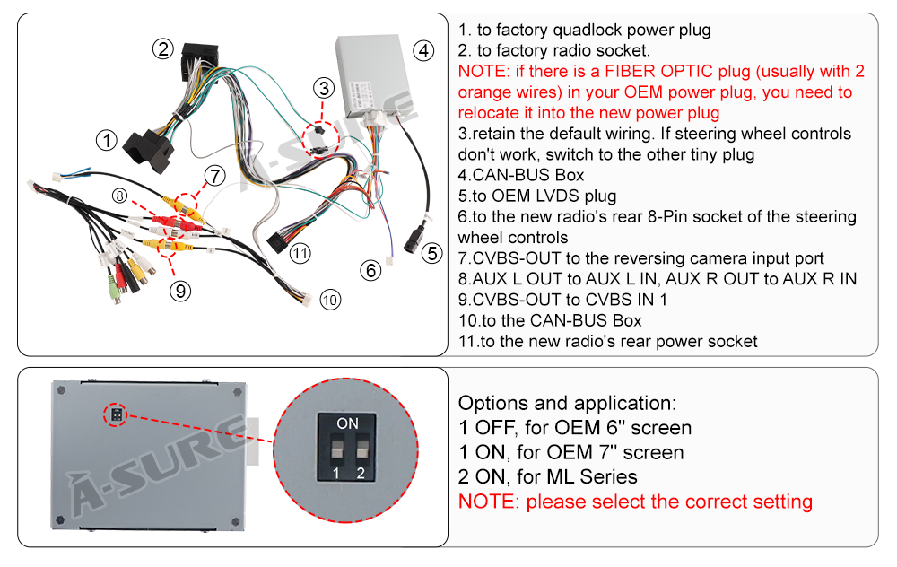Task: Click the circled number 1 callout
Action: click(x=107, y=141)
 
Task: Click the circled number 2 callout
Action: click(x=161, y=49)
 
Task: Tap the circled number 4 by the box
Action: click(x=423, y=51)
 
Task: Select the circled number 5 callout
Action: click(x=432, y=254)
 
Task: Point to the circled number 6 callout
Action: click(x=370, y=269)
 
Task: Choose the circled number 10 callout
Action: click(x=330, y=301)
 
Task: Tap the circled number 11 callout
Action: click(x=300, y=254)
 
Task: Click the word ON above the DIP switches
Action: click(x=347, y=423)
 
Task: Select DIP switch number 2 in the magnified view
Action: click(x=361, y=448)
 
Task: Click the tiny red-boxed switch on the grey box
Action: click(x=115, y=414)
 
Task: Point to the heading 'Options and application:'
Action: click(x=567, y=403)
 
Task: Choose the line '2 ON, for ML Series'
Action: click(x=547, y=476)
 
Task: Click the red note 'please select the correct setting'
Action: click(x=669, y=502)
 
